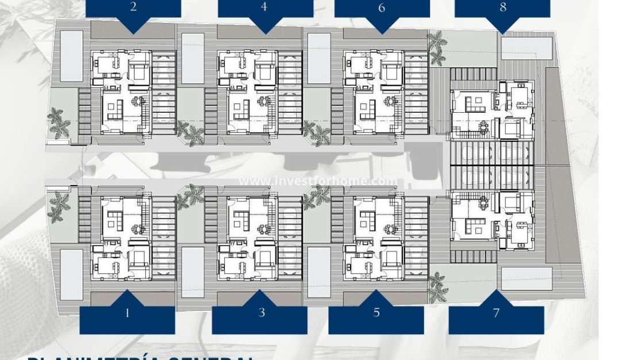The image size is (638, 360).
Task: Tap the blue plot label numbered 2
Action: [133, 9]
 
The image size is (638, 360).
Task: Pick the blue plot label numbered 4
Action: [264, 9]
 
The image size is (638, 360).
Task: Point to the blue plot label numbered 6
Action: [382, 9]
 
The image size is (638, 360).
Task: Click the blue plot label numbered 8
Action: [503, 9]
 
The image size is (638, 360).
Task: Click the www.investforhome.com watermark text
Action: [318, 181]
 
